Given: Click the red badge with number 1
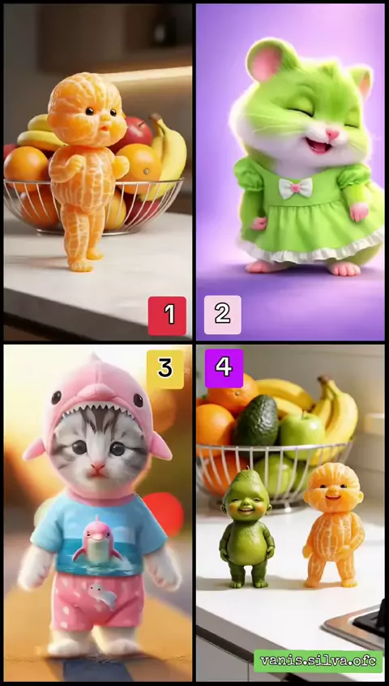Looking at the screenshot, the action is (167, 315).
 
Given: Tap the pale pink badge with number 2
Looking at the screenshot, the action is (223, 315).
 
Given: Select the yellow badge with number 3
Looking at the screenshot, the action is (165, 369).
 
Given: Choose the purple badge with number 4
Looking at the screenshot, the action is (224, 368).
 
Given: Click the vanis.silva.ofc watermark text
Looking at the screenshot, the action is (318, 661).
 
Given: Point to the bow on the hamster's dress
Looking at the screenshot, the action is (296, 187).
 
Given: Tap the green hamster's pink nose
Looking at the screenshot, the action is (331, 134).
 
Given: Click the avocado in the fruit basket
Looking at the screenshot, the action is (256, 421).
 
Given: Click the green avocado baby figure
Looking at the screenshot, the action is (247, 529).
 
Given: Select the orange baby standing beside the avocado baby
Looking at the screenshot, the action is (334, 524).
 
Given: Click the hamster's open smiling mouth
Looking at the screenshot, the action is (318, 146).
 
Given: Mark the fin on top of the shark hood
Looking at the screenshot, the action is (93, 361).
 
